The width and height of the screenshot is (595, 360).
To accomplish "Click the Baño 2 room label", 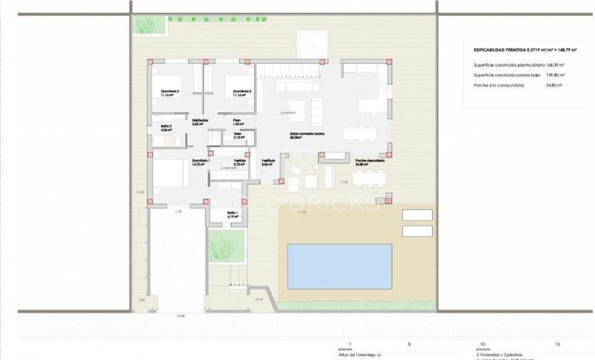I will pyautogui.click(x=166, y=127).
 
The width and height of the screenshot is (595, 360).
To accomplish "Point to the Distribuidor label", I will pyautogui.click(x=200, y=122).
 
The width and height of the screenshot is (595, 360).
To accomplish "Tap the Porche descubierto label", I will pyautogui.click(x=370, y=162).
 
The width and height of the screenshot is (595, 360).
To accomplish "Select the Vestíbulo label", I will pyautogui.click(x=269, y=162).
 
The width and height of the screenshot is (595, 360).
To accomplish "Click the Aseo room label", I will pyautogui.click(x=236, y=135).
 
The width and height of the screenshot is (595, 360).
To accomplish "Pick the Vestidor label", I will pyautogui.click(x=240, y=162).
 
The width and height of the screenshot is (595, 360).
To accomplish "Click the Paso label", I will pyautogui.click(x=236, y=122).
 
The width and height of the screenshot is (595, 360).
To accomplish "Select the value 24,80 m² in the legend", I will pyautogui.click(x=555, y=86).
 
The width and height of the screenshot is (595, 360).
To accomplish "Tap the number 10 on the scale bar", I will pyautogui.click(x=481, y=344).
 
